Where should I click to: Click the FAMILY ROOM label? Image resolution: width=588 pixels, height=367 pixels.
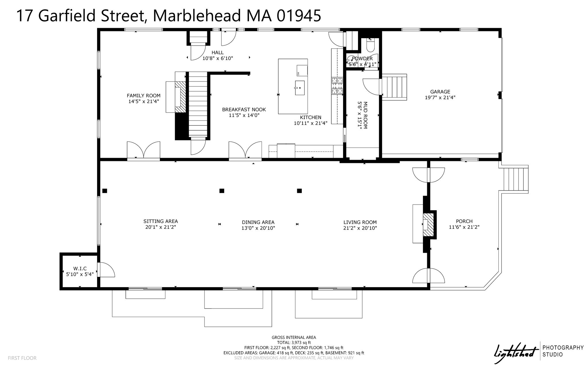coord(144,96)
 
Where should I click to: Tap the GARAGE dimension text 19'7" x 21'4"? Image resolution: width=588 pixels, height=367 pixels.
coord(440,98)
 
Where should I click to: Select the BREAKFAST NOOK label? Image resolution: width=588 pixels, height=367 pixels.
coord(244,110)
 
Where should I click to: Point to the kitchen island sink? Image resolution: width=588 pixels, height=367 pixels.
coord(299,88)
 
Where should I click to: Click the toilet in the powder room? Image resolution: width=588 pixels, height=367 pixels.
coord(370,46)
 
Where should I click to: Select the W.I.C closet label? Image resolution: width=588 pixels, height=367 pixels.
coord(80,269)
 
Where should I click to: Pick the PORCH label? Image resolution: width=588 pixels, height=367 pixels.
coord(464,221)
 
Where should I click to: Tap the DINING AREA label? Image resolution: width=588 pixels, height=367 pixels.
coord(258,222)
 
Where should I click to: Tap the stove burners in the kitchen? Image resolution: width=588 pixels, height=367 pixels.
coord(337,86)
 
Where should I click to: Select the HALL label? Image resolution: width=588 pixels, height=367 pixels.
coord(218,53)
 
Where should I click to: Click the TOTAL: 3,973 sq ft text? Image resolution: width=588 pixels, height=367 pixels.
coord(294,343)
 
